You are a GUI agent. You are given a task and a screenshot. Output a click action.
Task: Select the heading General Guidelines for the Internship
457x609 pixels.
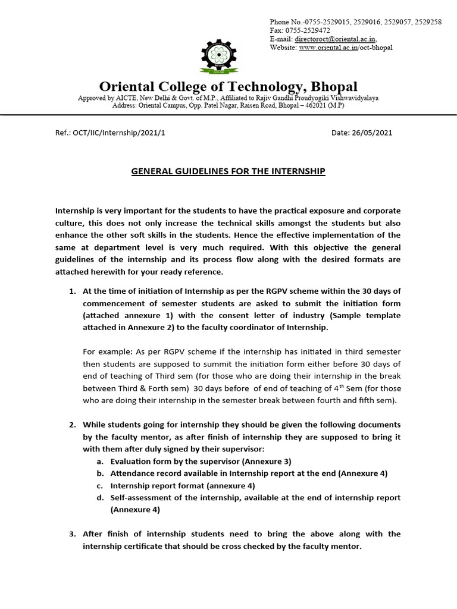point(228,171)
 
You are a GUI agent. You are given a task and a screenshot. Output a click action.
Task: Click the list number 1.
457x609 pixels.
point(72,291)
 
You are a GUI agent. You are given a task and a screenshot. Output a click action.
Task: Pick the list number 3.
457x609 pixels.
point(72,533)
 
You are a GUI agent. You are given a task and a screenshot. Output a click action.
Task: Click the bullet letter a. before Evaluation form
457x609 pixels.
point(101,461)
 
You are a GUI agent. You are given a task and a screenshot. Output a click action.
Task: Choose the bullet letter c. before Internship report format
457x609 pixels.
point(101,485)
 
